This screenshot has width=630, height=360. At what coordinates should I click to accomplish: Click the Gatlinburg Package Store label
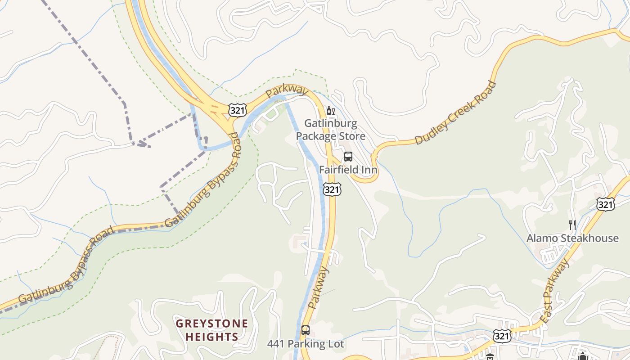pyautogui.click(x=330, y=130)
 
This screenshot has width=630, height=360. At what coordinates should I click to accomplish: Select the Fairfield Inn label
pyautogui.click(x=348, y=170)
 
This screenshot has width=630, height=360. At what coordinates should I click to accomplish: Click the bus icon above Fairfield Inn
pyautogui.click(x=348, y=157)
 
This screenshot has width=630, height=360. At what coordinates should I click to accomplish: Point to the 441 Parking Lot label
pyautogui.click(x=306, y=344)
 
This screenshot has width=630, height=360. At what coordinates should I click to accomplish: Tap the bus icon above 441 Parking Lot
pyautogui.click(x=306, y=330)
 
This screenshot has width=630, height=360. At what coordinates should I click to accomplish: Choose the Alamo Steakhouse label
pyautogui.click(x=572, y=238)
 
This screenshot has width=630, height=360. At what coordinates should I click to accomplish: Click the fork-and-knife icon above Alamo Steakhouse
pyautogui.click(x=572, y=225)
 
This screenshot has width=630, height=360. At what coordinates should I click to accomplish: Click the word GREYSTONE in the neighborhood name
pyautogui.click(x=211, y=324)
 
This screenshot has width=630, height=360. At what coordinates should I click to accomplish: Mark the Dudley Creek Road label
pyautogui.click(x=455, y=113)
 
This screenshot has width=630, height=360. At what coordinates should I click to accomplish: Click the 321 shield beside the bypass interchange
pyautogui.click(x=237, y=109)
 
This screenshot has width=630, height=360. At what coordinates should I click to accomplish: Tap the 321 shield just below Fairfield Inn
pyautogui.click(x=332, y=190)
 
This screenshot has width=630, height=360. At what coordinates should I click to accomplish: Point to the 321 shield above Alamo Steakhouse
pyautogui.click(x=605, y=205)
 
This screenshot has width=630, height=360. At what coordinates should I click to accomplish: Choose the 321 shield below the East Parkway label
pyautogui.click(x=502, y=336)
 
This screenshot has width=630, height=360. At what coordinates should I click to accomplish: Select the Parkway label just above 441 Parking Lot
pyautogui.click(x=319, y=288)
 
